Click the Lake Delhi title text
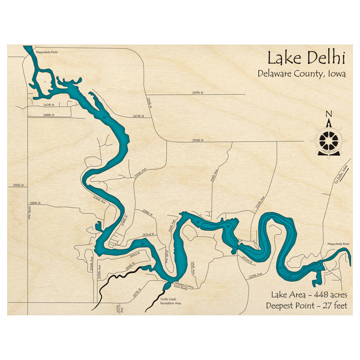(306, 58)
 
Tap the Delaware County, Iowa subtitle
(302, 74)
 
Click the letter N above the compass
(328, 114)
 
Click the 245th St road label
(198, 93)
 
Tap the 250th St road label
(198, 140)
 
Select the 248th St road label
(48, 115)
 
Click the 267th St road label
(136, 293)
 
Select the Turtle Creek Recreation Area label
(171, 301)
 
